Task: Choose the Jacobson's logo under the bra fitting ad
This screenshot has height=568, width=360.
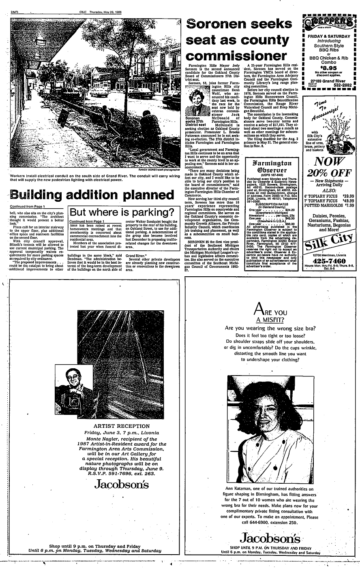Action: point(270,538)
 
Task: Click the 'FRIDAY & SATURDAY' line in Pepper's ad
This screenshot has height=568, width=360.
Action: point(329,36)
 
